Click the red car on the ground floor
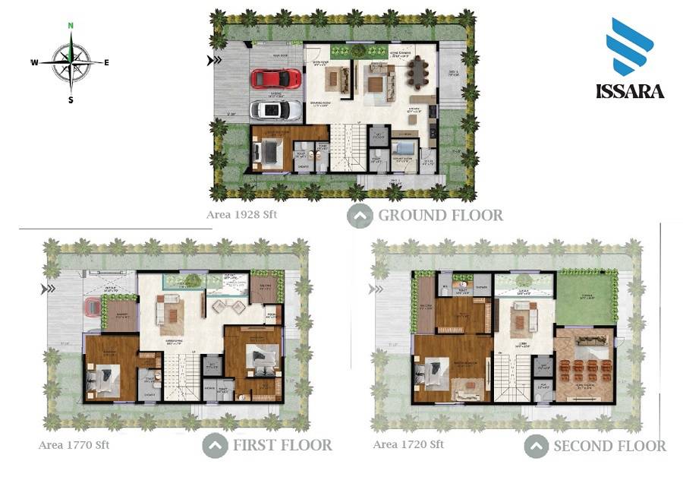click(275, 78)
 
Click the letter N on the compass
click(71, 25)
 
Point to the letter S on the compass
click(71, 100)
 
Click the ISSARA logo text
click(631, 91)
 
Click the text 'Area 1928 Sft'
click(242, 214)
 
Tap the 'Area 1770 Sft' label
click(74, 445)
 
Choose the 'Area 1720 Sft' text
click(408, 444)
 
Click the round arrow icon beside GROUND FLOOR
click(360, 216)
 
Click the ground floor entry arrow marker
click(216, 61)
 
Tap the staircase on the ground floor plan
click(351, 148)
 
